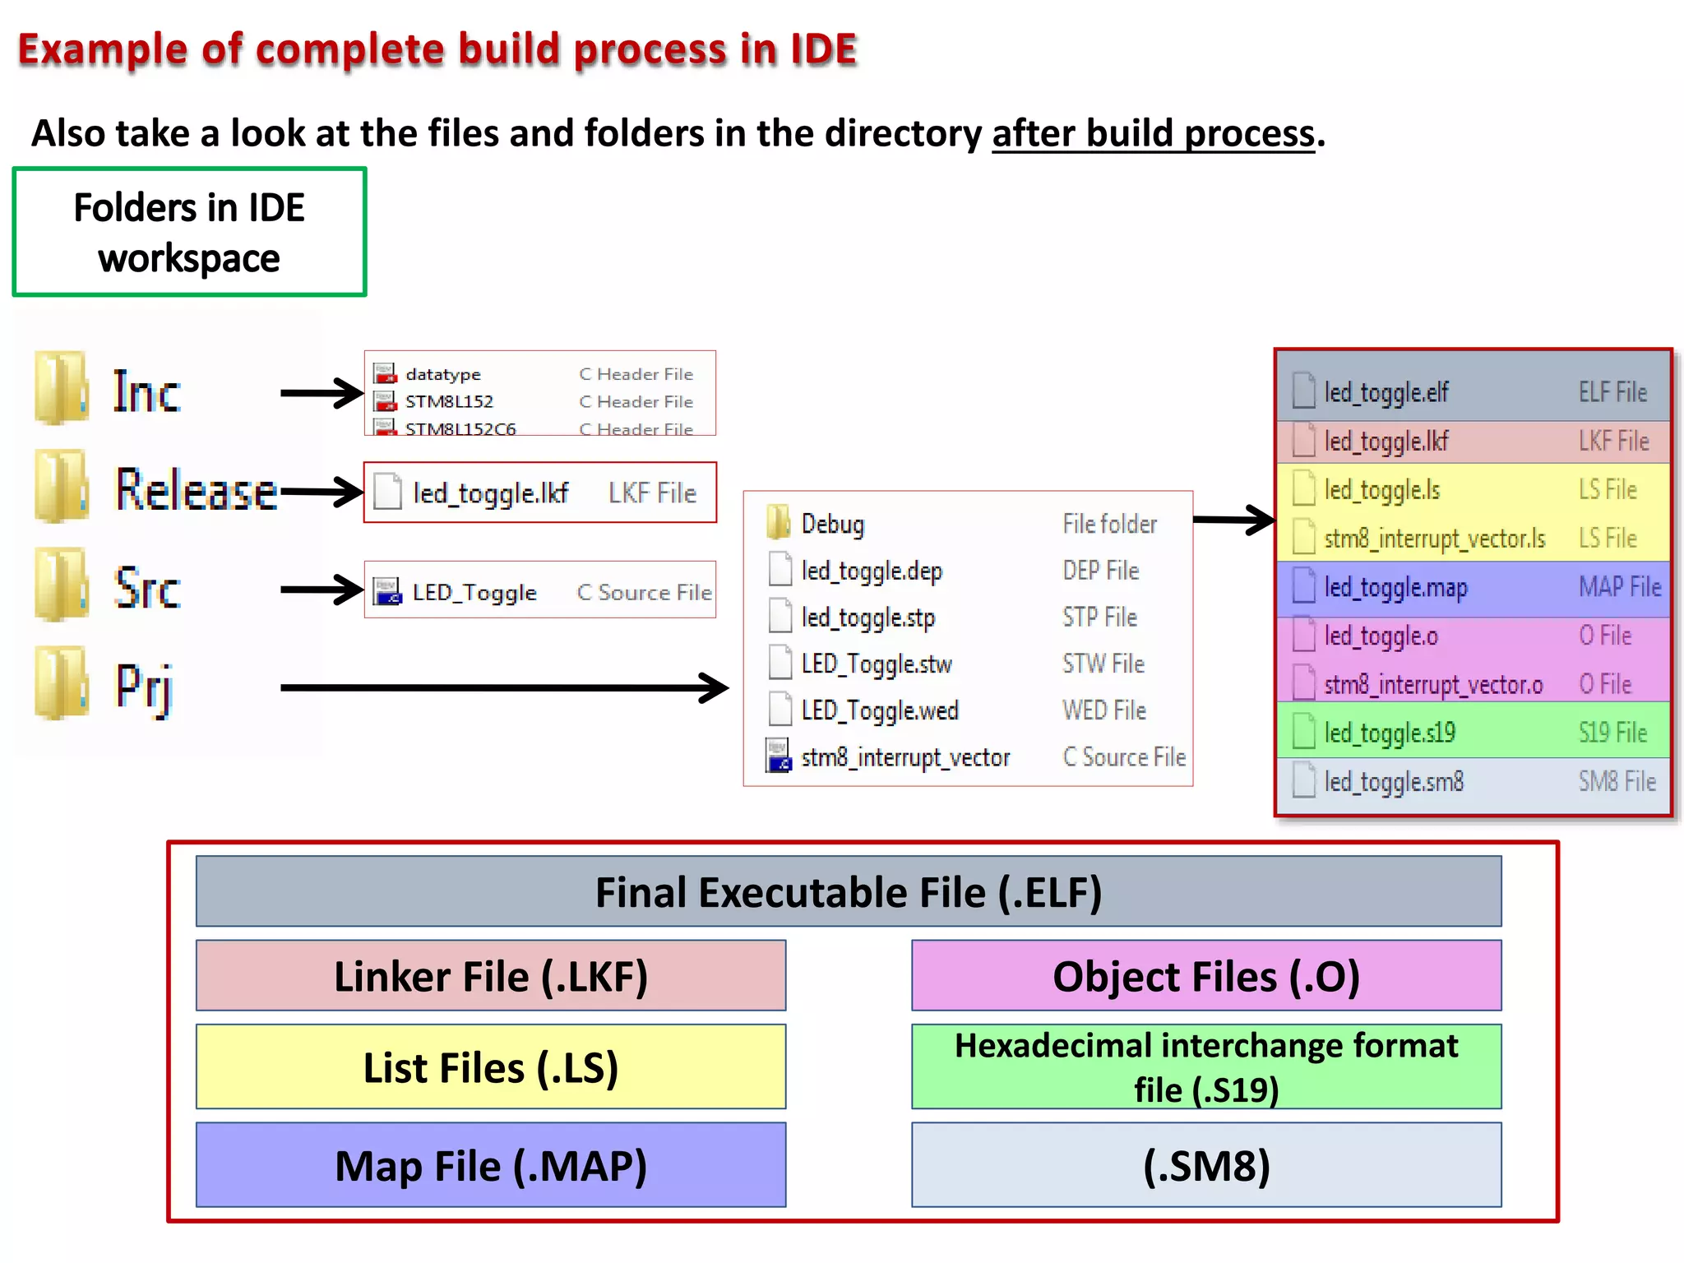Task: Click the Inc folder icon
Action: tap(61, 388)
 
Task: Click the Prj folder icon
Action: tap(61, 683)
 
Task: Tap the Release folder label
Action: tap(196, 490)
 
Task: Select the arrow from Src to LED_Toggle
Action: tap(321, 590)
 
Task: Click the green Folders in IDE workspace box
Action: tap(189, 233)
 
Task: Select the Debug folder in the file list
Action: tap(832, 524)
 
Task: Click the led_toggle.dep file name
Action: tap(872, 571)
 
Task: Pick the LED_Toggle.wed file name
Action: tap(880, 710)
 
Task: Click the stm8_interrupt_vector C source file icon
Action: tap(778, 756)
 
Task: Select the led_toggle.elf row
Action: tap(1473, 392)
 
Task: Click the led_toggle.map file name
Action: tap(1395, 588)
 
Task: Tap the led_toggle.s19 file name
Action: tap(1390, 733)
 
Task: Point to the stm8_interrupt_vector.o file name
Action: tap(1433, 685)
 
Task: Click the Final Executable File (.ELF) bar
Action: tap(848, 892)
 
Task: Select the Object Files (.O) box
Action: tap(1205, 976)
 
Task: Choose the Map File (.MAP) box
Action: tap(491, 1165)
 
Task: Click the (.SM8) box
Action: tap(1205, 1165)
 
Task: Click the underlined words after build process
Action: tap(1153, 133)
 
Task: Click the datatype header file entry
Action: tap(442, 374)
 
